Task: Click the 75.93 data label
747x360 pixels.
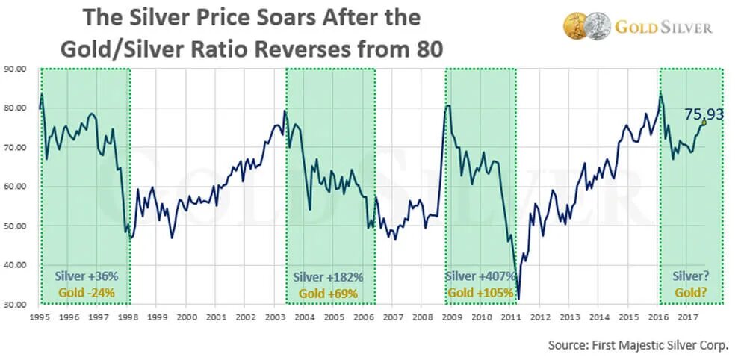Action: pos(704,114)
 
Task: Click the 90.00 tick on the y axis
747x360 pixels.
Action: pos(16,69)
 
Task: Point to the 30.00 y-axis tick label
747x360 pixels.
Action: pos(16,304)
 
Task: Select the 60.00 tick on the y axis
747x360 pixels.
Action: pos(16,186)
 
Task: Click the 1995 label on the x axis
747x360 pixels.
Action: pos(39,317)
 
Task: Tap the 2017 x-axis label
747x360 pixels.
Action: pos(688,317)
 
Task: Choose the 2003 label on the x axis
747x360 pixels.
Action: pos(275,317)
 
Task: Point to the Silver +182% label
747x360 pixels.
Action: pos(329,277)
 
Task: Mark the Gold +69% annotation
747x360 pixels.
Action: pos(329,294)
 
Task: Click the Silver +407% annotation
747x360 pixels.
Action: pos(481,276)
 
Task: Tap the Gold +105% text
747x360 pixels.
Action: pos(481,293)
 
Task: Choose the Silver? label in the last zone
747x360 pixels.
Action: pos(692,276)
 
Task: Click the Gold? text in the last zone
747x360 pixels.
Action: pos(692,293)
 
